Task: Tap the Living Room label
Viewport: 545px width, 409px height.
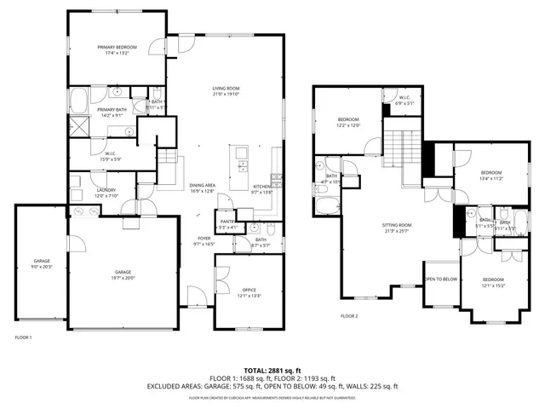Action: click(226, 89)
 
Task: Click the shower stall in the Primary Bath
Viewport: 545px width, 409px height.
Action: click(78, 127)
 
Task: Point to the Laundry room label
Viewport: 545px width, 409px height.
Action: click(106, 190)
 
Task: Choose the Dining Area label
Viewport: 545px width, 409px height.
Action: click(202, 186)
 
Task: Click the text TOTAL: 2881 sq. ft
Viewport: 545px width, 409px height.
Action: click(272, 370)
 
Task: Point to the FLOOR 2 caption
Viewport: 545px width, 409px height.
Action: click(350, 315)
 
